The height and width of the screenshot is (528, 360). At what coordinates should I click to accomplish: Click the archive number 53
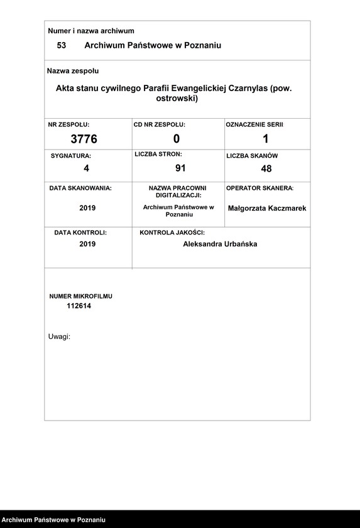[62, 46]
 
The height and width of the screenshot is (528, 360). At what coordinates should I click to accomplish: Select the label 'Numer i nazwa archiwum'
[91, 31]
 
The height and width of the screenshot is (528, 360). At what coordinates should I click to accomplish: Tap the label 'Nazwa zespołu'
[74, 71]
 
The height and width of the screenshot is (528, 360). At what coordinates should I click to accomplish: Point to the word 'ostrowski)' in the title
[177, 99]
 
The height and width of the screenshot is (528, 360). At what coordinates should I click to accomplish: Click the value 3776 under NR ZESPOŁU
[84, 139]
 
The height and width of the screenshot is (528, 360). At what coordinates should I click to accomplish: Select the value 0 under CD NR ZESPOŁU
[177, 139]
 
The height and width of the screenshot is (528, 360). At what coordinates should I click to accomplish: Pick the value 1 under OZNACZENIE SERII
[266, 139]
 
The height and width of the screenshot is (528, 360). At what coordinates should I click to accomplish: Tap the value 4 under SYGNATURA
[87, 168]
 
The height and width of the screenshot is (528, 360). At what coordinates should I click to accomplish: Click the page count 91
[180, 168]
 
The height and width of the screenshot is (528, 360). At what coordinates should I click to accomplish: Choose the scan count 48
[266, 168]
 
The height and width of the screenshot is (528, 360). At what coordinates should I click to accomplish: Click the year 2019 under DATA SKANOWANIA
[87, 208]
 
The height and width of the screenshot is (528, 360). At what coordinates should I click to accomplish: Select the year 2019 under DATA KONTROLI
[87, 245]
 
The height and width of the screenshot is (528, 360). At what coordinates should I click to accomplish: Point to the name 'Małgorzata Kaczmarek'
[267, 208]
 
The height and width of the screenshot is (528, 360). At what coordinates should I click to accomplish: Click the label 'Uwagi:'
[59, 337]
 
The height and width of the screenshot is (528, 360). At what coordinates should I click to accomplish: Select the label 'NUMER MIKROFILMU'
[81, 296]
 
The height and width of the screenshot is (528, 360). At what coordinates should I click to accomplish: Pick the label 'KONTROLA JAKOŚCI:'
[172, 233]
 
